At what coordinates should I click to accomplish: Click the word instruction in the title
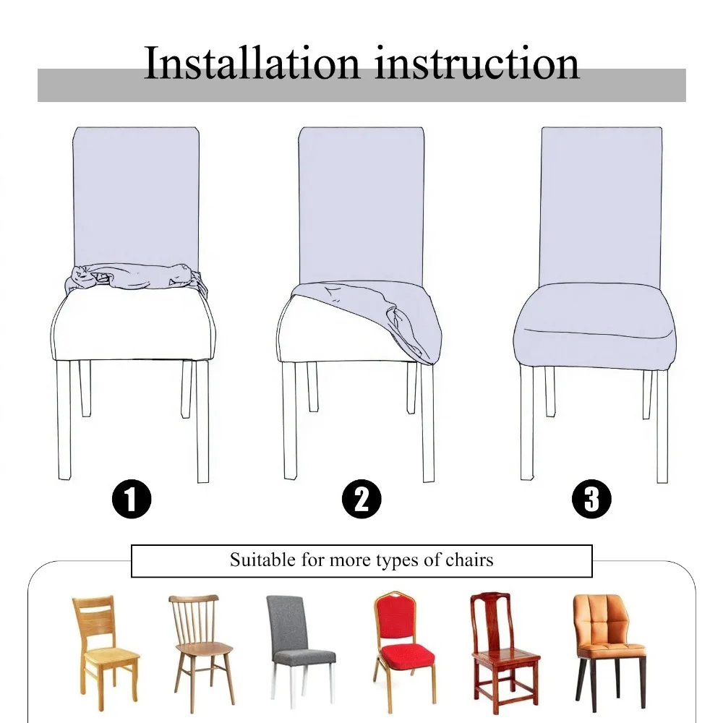click(x=476, y=63)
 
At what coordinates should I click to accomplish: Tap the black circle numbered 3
click(x=591, y=500)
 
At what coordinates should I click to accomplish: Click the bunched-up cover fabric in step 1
click(x=135, y=278)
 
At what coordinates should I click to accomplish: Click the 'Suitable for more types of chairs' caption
click(x=361, y=560)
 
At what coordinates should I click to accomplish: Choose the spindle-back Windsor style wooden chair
click(x=200, y=643)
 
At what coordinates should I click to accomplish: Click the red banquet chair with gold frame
click(x=403, y=643)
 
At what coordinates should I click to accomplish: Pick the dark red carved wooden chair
click(x=503, y=643)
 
